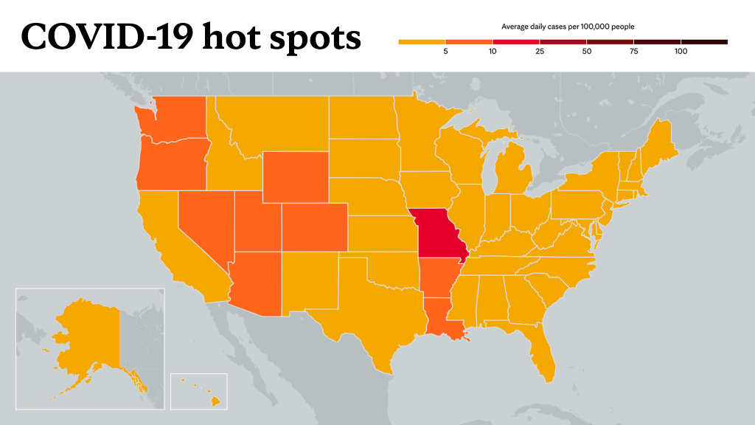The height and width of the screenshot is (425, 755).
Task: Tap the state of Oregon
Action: click(171, 165)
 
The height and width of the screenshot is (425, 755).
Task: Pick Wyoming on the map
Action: click(296, 177)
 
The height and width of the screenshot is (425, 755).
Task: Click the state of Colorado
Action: click(314, 227)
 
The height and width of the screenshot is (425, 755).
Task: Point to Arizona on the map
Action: click(256, 283)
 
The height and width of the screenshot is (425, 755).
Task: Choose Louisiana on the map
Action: click(443, 319)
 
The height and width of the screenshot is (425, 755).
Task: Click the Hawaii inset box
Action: click(199, 391)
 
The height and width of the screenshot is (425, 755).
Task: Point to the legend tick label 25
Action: click(540, 52)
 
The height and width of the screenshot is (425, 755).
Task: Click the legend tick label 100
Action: click(681, 52)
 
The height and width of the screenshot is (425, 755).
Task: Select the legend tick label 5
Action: click(445, 52)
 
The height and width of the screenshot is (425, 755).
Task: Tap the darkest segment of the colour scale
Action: click(704, 42)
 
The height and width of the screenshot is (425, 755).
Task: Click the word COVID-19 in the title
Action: click(107, 37)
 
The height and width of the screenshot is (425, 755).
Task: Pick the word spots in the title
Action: click(315, 38)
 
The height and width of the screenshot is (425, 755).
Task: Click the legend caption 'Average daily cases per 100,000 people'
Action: click(568, 27)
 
